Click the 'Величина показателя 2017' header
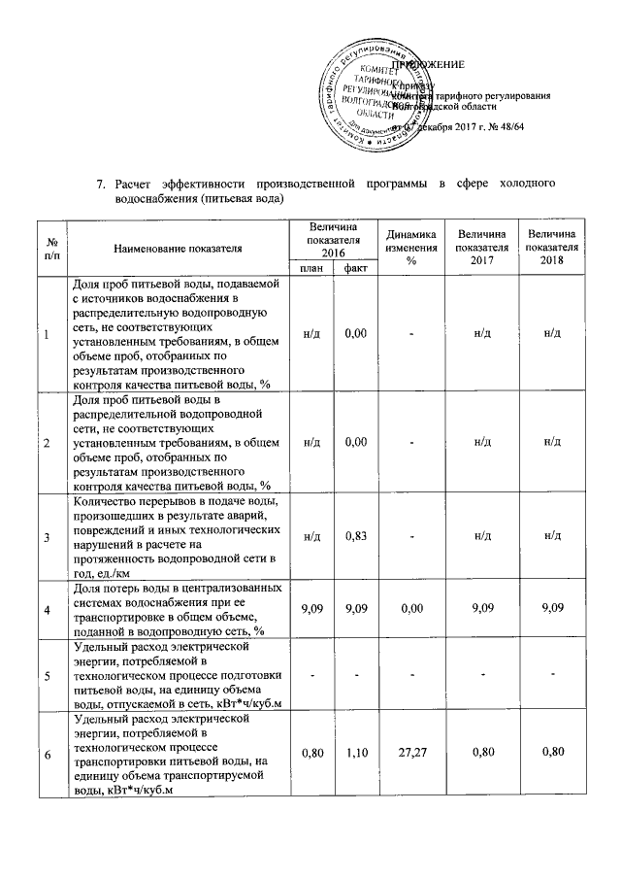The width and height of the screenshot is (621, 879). [x=481, y=249]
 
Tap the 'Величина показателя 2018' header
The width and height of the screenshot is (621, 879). [x=551, y=249]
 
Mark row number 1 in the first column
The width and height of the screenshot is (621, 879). [x=47, y=334]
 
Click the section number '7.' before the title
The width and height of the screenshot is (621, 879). [x=98, y=184]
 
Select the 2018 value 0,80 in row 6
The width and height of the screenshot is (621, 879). [x=551, y=752]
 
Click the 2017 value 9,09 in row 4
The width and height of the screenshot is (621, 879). [x=481, y=608]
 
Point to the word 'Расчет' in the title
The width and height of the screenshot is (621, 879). [x=134, y=184]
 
